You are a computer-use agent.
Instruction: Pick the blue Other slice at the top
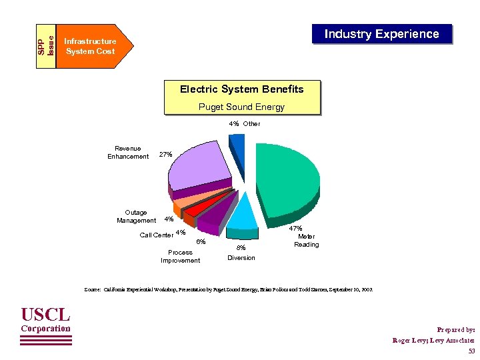point(237,150)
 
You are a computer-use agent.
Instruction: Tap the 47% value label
point(295,229)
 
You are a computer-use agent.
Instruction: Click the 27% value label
point(165,155)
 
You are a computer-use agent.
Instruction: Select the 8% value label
point(241,248)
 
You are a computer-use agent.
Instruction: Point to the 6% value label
point(200,241)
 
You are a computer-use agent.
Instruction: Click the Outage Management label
point(136,217)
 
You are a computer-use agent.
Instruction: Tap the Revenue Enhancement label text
point(128,153)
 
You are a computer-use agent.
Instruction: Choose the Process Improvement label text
point(180,257)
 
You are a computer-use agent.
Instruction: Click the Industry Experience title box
point(382,34)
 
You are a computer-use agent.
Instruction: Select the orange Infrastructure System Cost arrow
point(93,46)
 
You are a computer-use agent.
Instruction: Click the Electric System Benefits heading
point(241,89)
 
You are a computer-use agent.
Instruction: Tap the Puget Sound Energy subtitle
point(241,107)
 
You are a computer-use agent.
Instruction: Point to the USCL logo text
point(45,314)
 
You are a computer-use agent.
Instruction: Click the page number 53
point(471,351)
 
